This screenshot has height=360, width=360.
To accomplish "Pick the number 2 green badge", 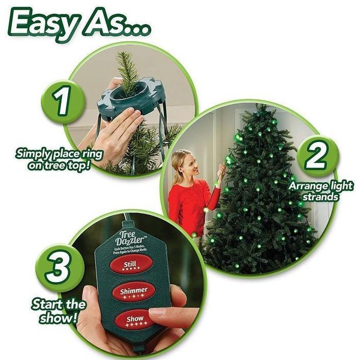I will point(316,156).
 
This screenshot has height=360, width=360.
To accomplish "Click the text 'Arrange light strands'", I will point(321,191).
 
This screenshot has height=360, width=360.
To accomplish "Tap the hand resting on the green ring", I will point(117,132).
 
